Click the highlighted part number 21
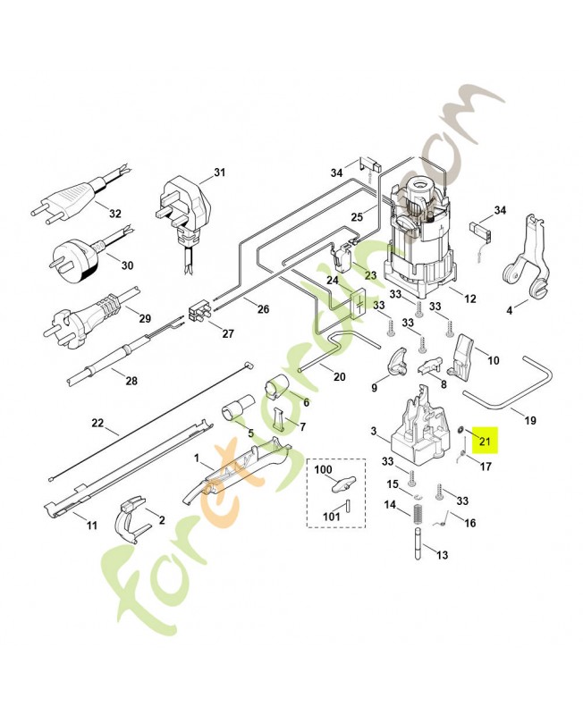pyautogui.click(x=486, y=439)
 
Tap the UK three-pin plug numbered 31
pyautogui.click(x=187, y=211)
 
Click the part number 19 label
pyautogui.click(x=529, y=419)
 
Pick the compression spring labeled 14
pyautogui.click(x=417, y=515)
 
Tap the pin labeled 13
pyautogui.click(x=418, y=546)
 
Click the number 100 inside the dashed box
pyautogui.click(x=323, y=470)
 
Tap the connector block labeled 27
pyautogui.click(x=199, y=315)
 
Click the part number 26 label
pyautogui.click(x=262, y=309)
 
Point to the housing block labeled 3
pyautogui.click(x=416, y=426)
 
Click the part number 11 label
pyautogui.click(x=91, y=526)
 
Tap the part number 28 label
pyautogui.click(x=131, y=381)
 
